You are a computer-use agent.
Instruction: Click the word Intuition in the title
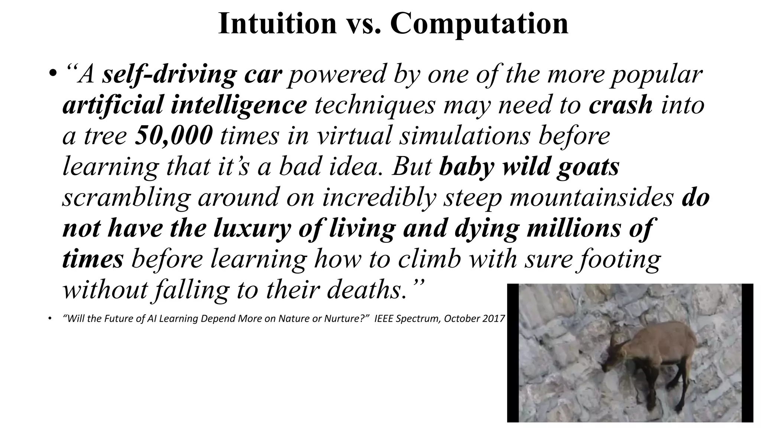point(277,24)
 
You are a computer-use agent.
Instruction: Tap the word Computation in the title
point(479,24)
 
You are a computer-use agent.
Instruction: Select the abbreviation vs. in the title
point(364,24)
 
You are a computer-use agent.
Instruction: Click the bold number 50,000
point(174,136)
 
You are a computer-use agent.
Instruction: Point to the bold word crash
point(621,105)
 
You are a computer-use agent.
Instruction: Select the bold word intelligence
point(239,105)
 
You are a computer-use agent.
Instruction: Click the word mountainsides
point(591,197)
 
